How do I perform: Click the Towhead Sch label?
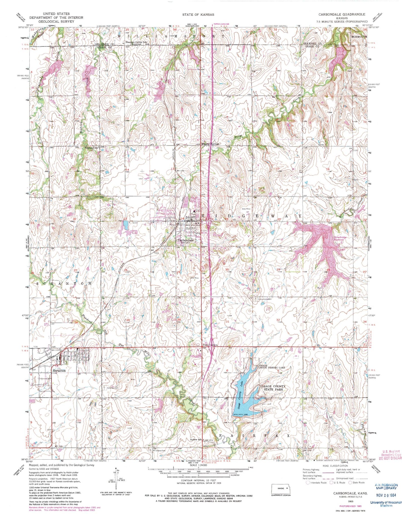coord(91,148)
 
